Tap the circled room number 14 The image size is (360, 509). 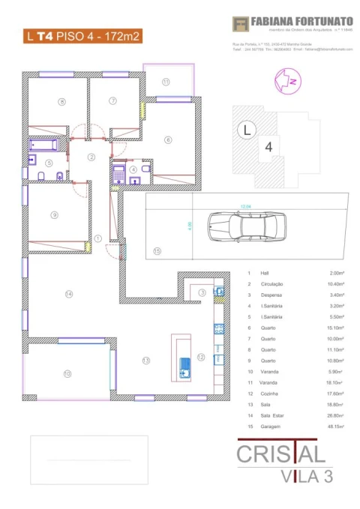tap(69, 294)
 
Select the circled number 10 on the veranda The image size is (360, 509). tap(67, 373)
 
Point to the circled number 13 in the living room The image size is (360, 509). tap(147, 361)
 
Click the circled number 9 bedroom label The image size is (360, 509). tap(54, 215)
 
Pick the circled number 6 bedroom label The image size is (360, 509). tap(169, 139)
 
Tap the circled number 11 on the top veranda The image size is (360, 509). tap(166, 82)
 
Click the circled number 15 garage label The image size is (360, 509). tap(157, 251)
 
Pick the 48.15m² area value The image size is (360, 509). tap(334, 426)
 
